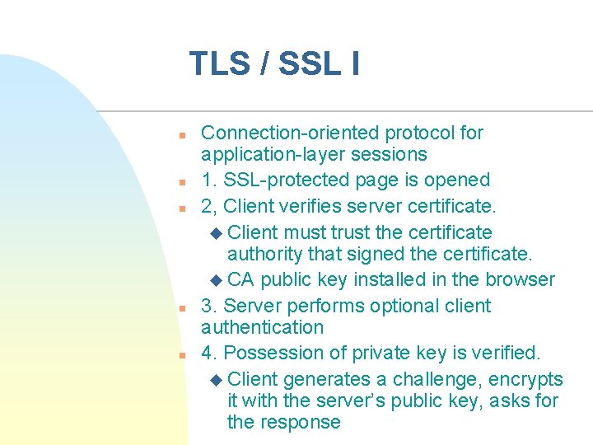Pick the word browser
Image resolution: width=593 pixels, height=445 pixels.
521,280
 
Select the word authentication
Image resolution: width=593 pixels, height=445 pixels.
262,327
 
